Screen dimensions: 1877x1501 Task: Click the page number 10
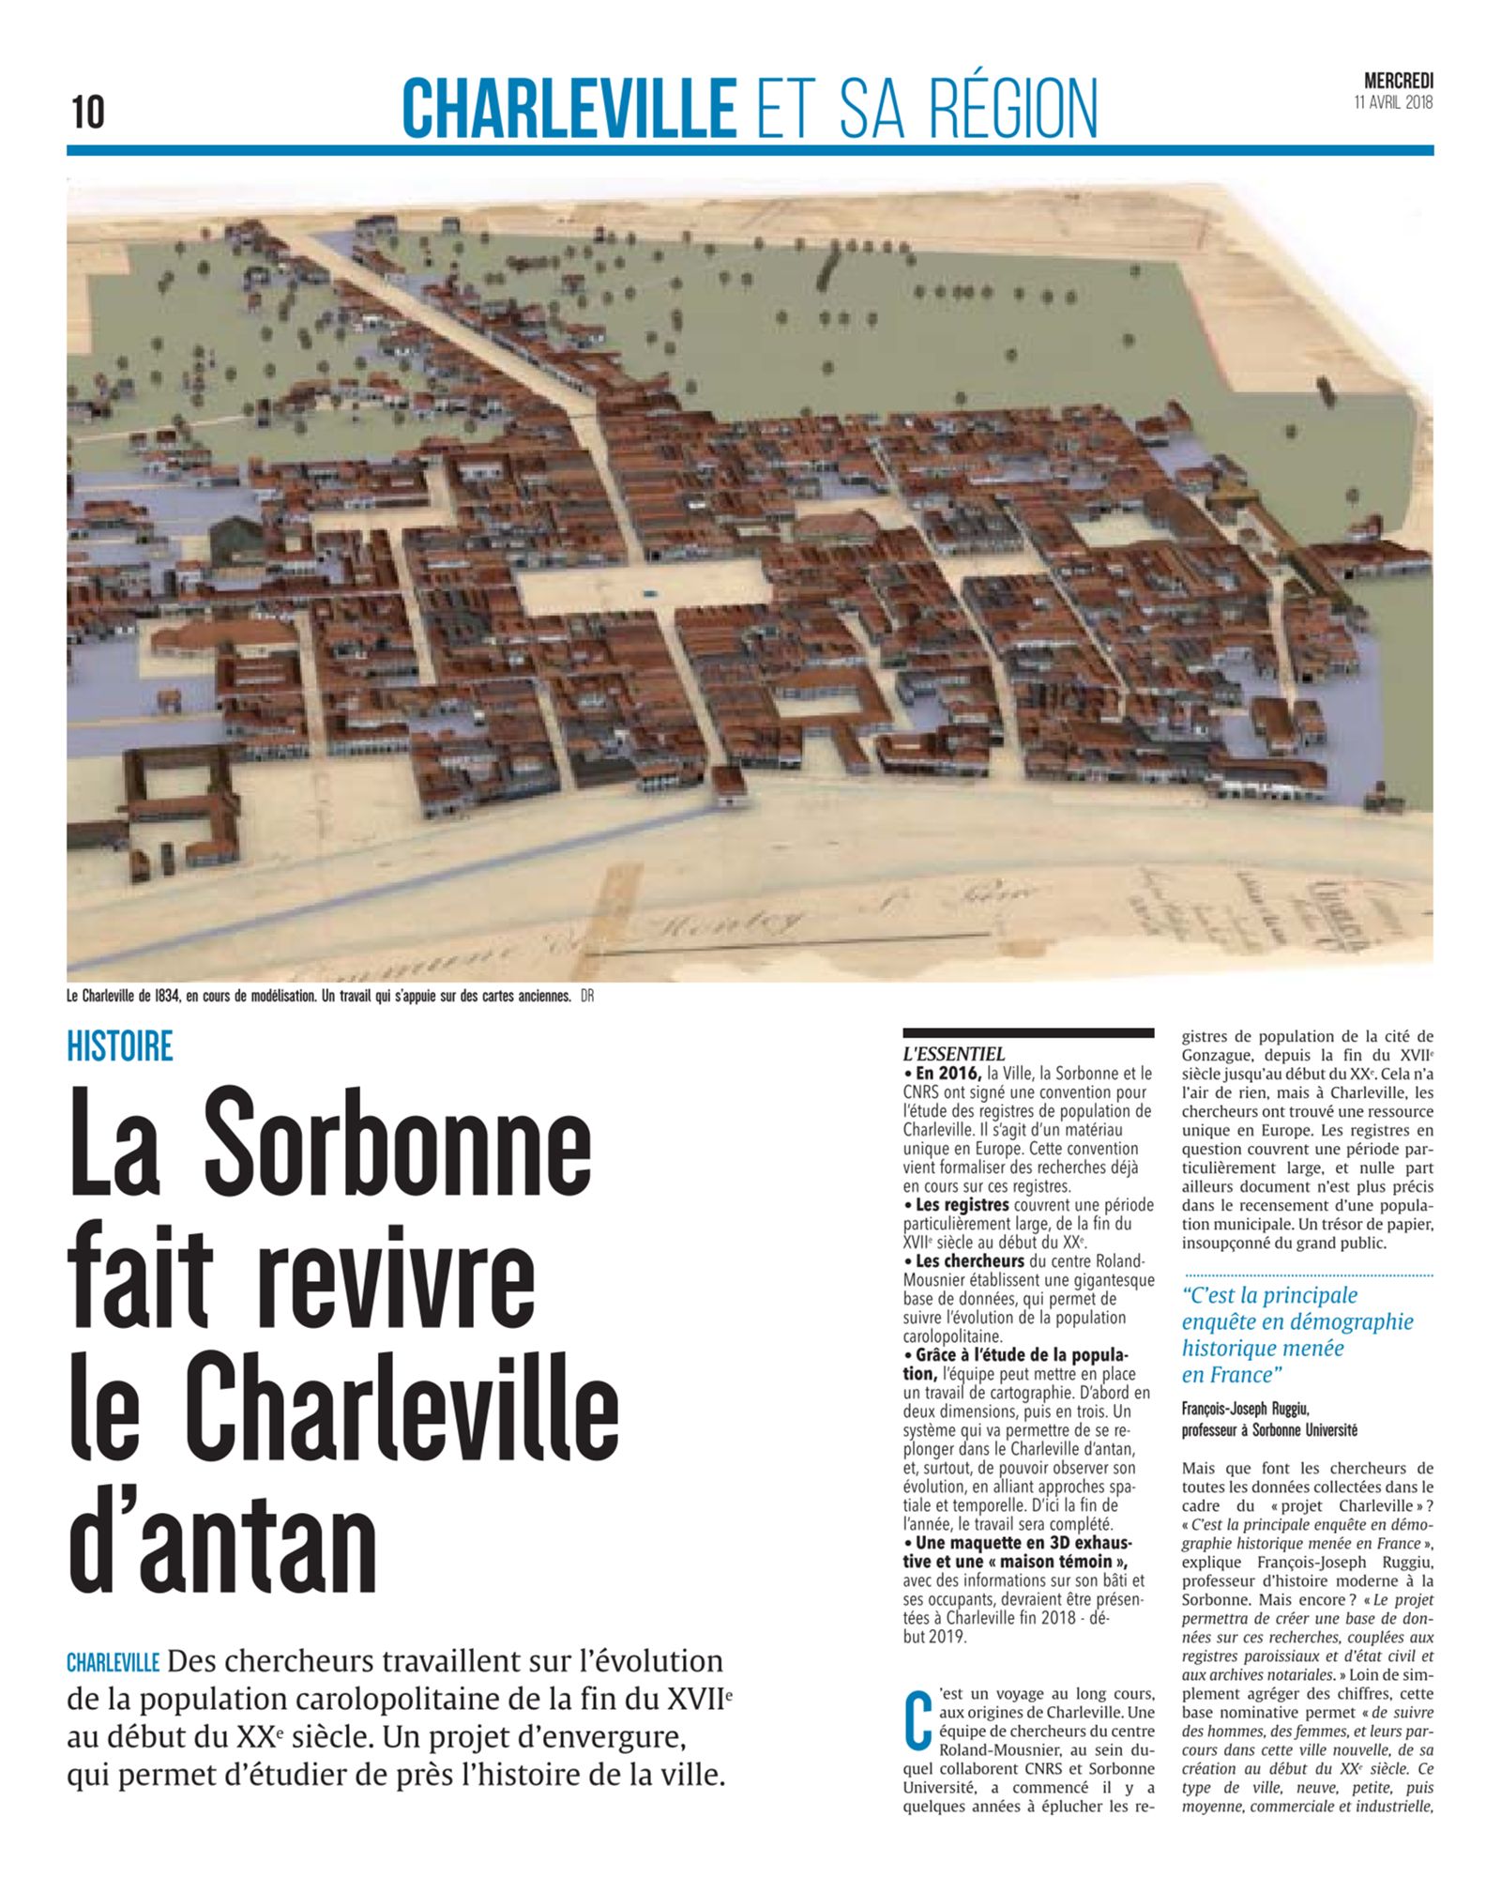tap(87, 113)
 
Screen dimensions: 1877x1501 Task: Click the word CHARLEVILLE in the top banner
tap(569, 109)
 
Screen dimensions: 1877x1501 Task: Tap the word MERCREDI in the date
tap(1398, 83)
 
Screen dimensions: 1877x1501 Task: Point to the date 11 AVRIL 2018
tap(1393, 102)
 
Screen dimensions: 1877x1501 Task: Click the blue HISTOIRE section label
tap(120, 1046)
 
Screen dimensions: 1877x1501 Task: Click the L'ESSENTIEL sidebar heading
tap(953, 1054)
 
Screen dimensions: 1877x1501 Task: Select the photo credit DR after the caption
tap(587, 997)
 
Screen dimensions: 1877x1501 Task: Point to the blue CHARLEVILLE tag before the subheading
tap(113, 1662)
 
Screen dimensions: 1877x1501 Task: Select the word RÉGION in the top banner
tap(1013, 109)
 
